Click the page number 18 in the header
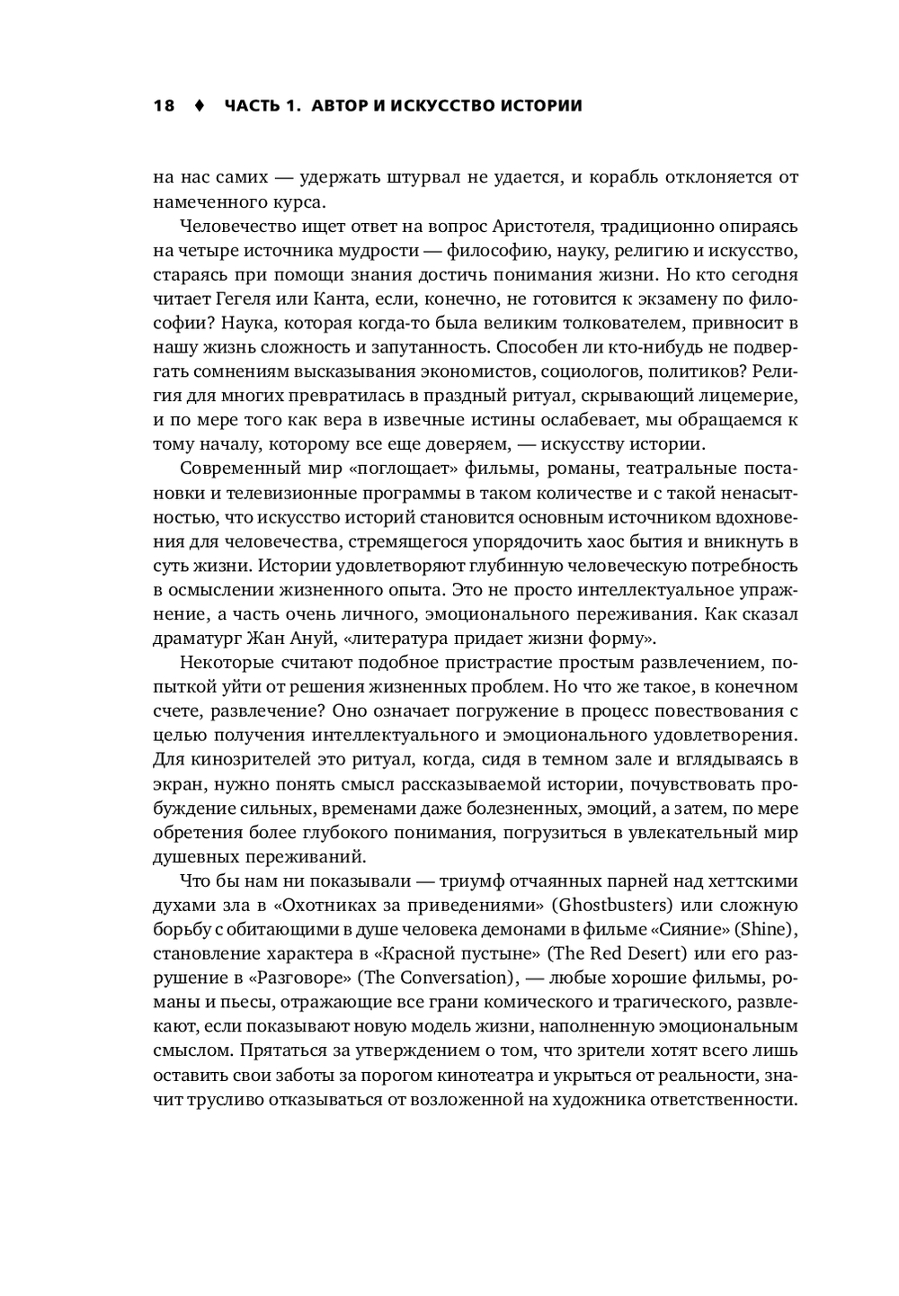click(164, 105)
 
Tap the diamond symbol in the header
click(200, 105)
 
